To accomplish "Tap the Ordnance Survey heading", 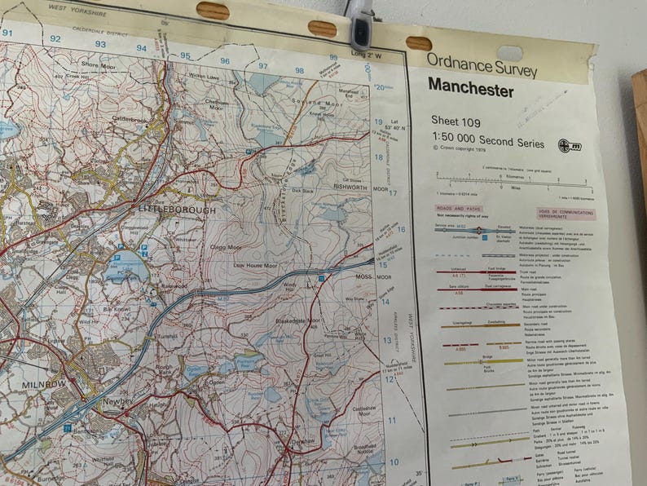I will point(482,63).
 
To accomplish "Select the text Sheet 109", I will point(456,121).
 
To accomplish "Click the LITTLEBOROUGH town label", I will point(177,210).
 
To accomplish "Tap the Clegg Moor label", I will point(226,247).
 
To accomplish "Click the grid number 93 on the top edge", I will point(99,44).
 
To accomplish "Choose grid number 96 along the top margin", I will point(225,60).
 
